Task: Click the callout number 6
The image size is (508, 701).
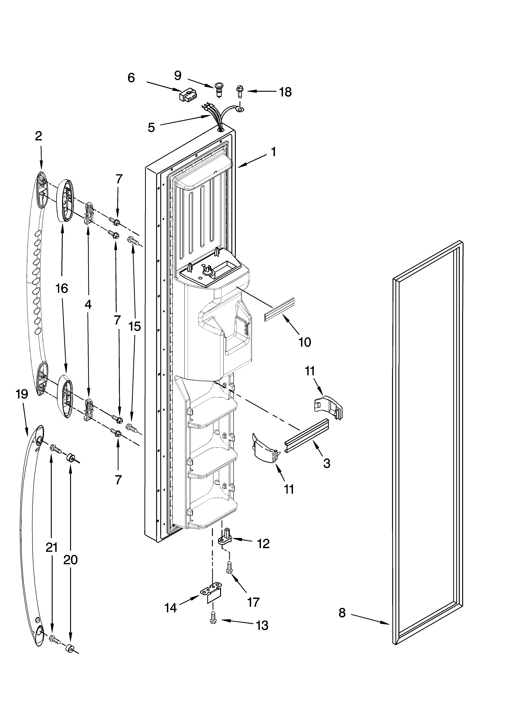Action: tap(131, 78)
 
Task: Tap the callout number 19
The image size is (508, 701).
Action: tap(22, 394)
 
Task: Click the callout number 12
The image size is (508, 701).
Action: tap(263, 544)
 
